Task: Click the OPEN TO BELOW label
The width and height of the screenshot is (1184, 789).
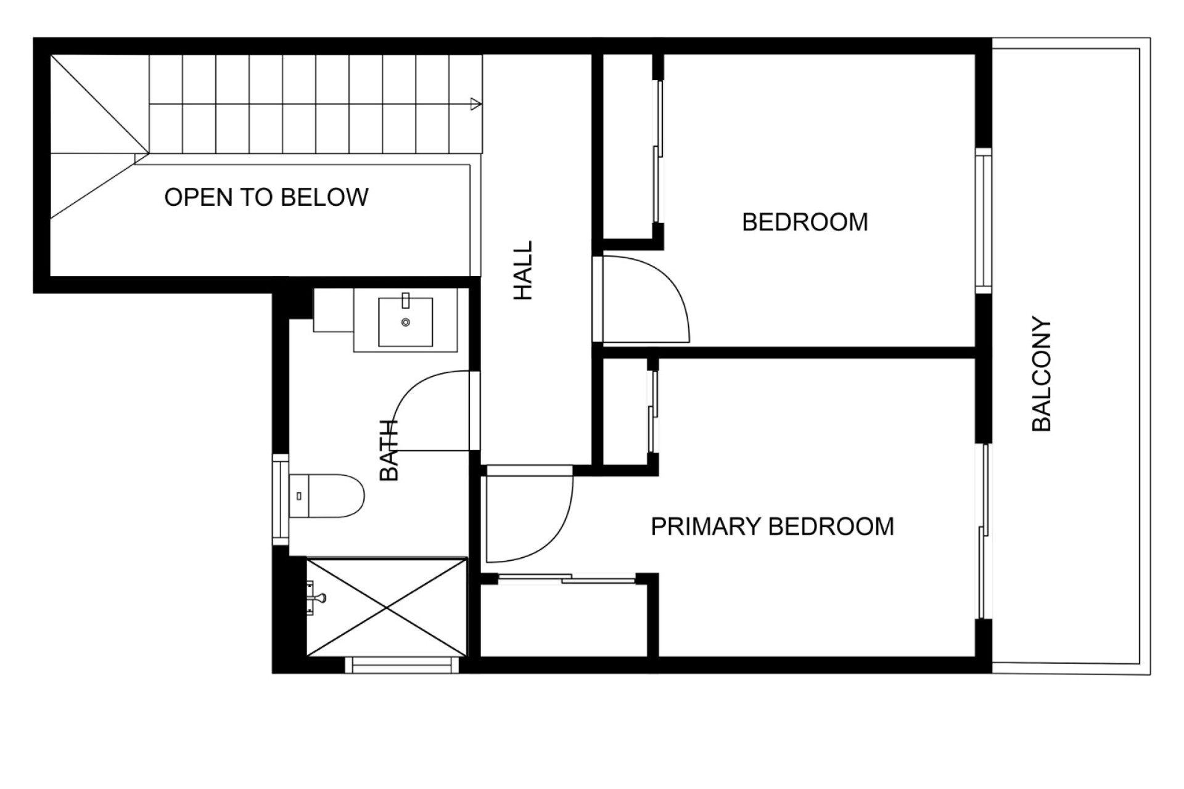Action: point(266,197)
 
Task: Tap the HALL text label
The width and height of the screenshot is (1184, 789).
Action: point(523,271)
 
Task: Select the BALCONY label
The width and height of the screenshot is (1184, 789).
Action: point(1042,374)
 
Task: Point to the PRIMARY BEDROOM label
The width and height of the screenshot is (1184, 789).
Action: point(773,526)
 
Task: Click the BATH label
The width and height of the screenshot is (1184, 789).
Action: point(389,450)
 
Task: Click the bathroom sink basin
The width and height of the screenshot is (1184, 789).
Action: point(405,322)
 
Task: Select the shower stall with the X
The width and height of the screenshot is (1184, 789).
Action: point(387,607)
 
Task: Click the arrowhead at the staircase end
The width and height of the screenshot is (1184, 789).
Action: point(475,104)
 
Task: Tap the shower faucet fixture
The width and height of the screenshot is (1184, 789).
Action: point(316,598)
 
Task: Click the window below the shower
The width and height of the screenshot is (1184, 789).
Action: point(402,664)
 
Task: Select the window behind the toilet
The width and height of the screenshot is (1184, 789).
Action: point(281,499)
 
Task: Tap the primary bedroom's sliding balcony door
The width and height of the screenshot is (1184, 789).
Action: point(985,531)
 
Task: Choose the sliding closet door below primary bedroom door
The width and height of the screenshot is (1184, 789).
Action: point(566,578)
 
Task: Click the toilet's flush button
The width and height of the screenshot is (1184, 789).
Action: point(299,496)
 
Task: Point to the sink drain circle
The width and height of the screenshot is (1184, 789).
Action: point(405,322)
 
